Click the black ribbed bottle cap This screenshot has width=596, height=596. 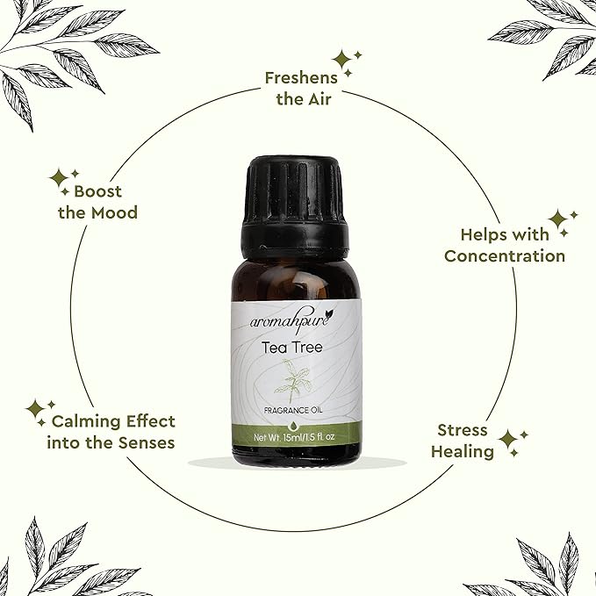[295, 207]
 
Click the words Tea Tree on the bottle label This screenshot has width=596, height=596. [292, 348]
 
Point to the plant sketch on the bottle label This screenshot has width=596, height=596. [293, 380]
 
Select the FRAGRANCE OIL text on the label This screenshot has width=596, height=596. [293, 411]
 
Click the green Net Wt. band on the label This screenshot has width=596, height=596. [296, 435]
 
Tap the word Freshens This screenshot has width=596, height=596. [301, 78]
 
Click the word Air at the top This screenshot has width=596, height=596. [319, 99]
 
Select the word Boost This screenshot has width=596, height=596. [97, 191]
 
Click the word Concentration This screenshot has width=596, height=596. [505, 255]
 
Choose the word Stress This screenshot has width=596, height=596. [463, 430]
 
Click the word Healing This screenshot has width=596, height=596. [463, 452]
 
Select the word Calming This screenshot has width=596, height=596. [86, 421]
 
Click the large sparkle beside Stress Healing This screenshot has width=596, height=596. [508, 440]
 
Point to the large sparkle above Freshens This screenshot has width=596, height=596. [341, 60]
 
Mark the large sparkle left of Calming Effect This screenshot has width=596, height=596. [36, 409]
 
